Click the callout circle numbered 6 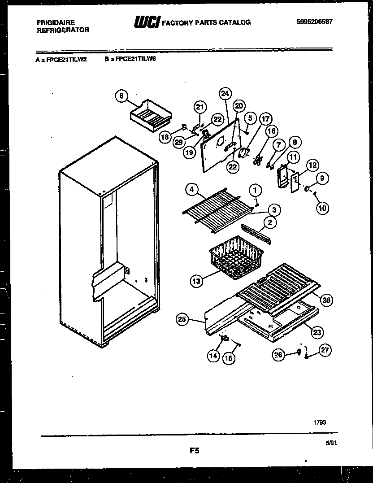121,96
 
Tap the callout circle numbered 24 226,94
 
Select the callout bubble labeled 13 196,281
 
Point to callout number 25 182,319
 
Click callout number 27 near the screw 326,351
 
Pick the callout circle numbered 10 322,207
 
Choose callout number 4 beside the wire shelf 192,190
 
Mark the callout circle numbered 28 327,300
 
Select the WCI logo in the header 146,22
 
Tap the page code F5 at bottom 194,451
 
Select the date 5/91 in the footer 330,443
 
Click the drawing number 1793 320,422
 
